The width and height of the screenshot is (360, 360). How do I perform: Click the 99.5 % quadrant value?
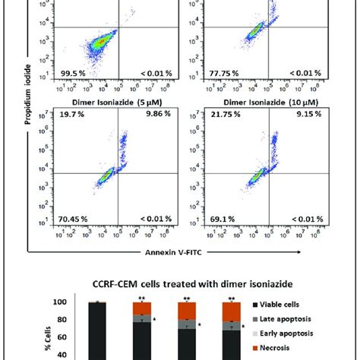pyautogui.click(x=69, y=73)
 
